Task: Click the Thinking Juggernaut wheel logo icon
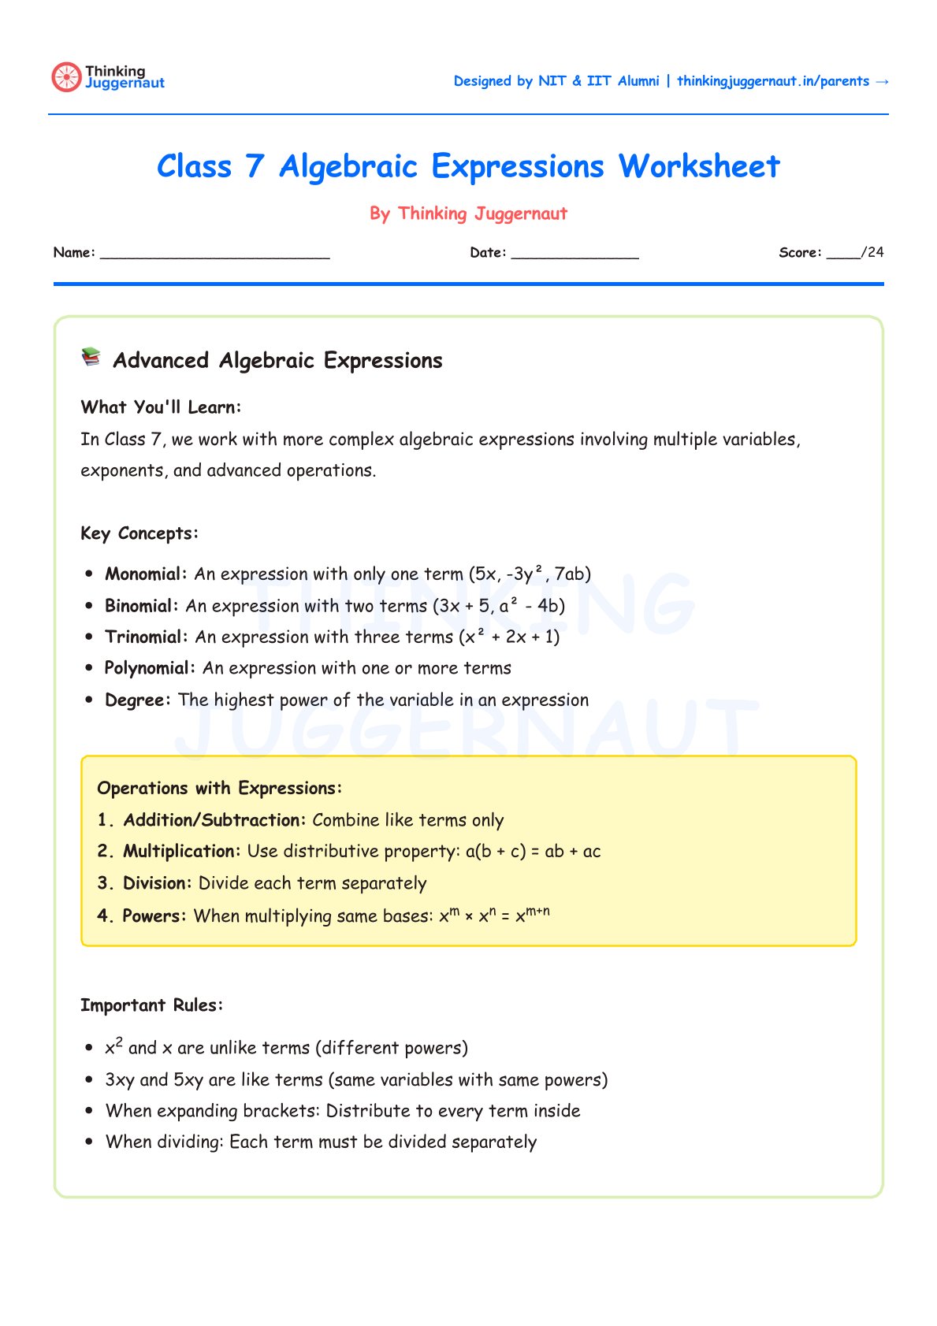click(66, 77)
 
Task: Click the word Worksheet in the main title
click(699, 167)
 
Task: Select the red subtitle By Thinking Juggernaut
click(468, 214)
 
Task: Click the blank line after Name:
click(214, 254)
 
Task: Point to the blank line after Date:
click(574, 254)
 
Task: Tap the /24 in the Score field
click(872, 252)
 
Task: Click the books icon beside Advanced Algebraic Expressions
click(91, 358)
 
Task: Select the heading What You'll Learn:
click(161, 407)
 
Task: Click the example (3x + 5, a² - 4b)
click(498, 606)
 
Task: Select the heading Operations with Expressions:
click(219, 789)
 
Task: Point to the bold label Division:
click(157, 883)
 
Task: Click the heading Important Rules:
click(151, 1005)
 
